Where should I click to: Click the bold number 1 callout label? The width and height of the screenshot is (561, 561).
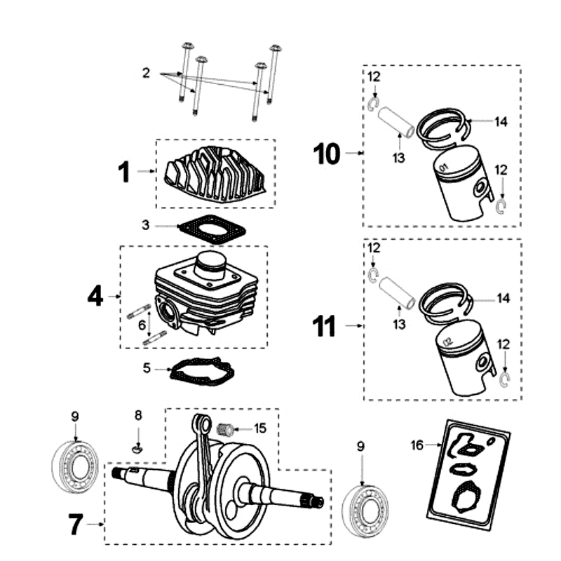123,171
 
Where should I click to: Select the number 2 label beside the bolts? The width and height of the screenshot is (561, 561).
145,73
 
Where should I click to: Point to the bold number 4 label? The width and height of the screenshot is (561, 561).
95,297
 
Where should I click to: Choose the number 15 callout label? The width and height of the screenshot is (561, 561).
260,427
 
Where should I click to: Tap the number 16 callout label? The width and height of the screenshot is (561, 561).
417,445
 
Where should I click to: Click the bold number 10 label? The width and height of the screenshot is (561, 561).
328,152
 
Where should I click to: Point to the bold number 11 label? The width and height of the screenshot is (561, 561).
324,326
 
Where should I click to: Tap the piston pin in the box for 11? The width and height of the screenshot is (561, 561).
395,291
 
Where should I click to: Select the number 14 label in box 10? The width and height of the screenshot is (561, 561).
500,121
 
